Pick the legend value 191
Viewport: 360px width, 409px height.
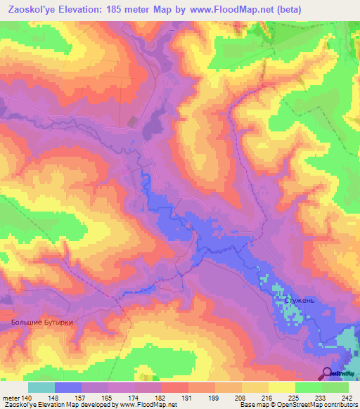click(x=188, y=397)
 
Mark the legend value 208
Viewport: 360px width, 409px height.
click(x=241, y=397)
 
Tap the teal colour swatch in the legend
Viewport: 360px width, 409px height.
click(x=41, y=387)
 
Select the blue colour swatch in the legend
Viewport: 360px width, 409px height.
click(x=68, y=387)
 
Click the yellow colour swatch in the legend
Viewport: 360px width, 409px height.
click(x=255, y=387)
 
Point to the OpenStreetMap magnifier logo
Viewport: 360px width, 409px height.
click(x=328, y=373)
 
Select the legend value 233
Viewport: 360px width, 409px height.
click(x=321, y=397)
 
